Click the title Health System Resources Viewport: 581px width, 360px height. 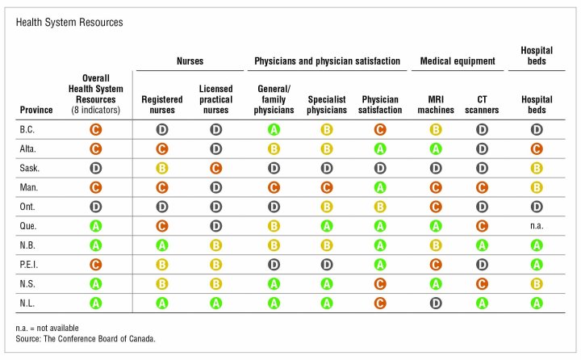click(x=69, y=22)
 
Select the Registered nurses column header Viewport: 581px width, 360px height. click(x=162, y=104)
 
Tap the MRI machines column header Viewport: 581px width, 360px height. click(x=435, y=104)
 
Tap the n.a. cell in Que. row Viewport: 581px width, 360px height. click(x=537, y=225)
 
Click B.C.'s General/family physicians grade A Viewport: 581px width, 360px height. click(x=274, y=128)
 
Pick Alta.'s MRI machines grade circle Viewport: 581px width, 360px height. click(x=435, y=148)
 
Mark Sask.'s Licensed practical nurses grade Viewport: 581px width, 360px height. click(x=216, y=167)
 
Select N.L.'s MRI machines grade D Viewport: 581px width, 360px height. click(x=435, y=303)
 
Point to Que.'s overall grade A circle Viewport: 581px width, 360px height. click(x=95, y=225)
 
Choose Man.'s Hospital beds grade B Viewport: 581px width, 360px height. click(x=537, y=186)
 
